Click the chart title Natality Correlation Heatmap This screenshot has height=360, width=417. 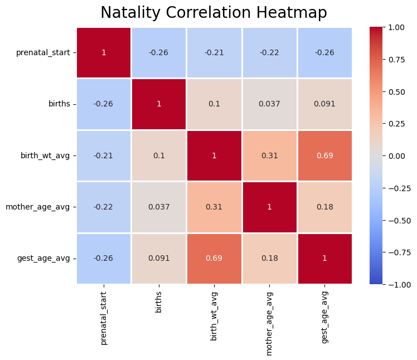click(x=214, y=13)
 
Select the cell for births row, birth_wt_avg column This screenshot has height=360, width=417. click(x=214, y=104)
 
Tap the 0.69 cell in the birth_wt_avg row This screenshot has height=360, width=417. click(x=324, y=155)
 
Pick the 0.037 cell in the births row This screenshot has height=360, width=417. click(x=269, y=104)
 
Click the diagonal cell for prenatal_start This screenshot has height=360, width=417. click(x=104, y=52)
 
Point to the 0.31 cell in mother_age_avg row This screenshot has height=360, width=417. click(x=214, y=207)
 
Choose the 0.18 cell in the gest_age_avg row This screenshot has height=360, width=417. click(x=269, y=259)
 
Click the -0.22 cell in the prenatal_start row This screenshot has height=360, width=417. click(x=269, y=52)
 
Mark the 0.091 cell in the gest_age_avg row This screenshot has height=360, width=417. click(x=159, y=259)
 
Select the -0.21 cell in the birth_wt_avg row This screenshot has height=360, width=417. click(x=104, y=155)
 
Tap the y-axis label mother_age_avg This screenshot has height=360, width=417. click(x=38, y=207)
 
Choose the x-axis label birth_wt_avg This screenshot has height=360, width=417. click(x=214, y=315)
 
